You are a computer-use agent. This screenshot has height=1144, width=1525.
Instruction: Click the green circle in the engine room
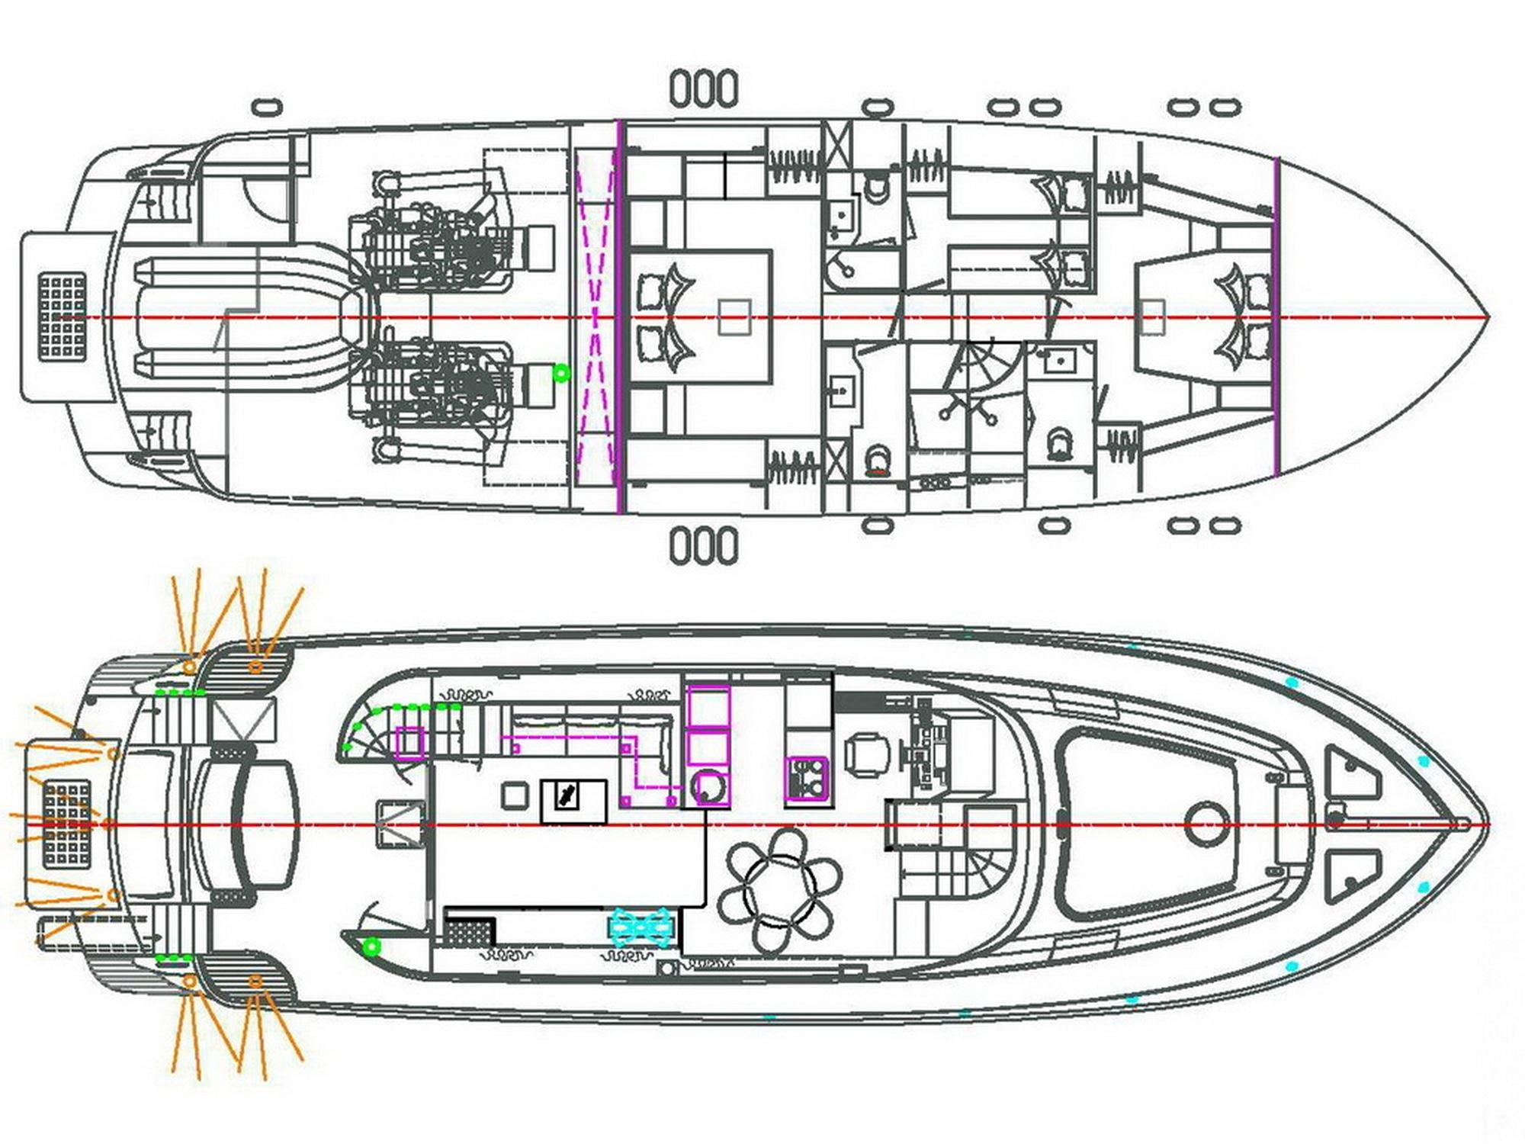(562, 372)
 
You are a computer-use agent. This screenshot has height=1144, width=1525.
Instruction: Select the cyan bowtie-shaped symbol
(641, 927)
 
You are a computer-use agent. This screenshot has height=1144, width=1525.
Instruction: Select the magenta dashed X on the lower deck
(596, 317)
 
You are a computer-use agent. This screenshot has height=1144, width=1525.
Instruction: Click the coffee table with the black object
(573, 801)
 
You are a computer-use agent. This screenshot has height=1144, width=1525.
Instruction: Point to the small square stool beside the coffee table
(515, 796)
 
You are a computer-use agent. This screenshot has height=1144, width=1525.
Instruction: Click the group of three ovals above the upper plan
(704, 88)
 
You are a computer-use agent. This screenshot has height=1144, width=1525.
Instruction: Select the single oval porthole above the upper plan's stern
(267, 108)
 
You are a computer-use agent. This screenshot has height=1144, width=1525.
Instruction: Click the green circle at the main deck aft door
(371, 947)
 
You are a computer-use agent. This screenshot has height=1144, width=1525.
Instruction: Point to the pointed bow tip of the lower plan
(1485, 824)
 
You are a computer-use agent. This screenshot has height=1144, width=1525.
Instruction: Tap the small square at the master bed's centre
(735, 317)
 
